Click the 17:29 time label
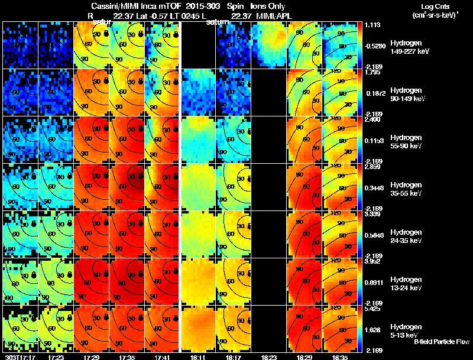(x=92, y=357)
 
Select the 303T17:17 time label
(x=20, y=357)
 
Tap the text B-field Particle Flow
(x=442, y=342)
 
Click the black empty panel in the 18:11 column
(x=197, y=45)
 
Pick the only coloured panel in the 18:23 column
(x=268, y=45)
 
